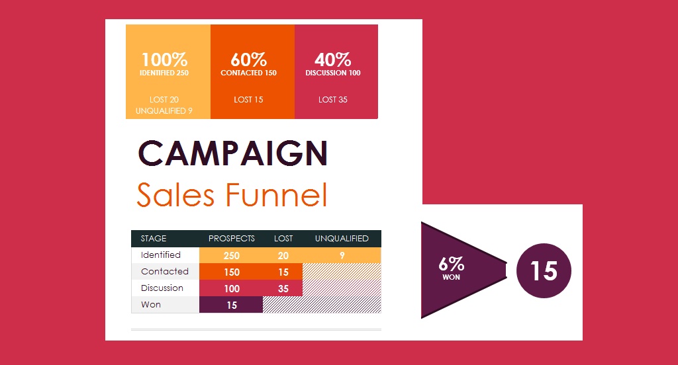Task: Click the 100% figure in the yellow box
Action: coord(164,60)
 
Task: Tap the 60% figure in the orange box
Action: coord(249,60)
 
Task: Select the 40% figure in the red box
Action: coord(333,60)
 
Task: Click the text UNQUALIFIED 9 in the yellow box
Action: coord(164,111)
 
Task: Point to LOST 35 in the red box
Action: coord(333,100)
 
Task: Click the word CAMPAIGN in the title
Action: coord(233,153)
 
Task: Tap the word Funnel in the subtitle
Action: coord(277,195)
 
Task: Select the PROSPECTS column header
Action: coord(231,239)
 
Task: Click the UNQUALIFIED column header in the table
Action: coord(342,239)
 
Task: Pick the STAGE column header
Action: coord(154,239)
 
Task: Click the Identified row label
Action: coord(160,255)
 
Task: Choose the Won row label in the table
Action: coord(151,305)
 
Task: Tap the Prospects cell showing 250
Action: coord(231,255)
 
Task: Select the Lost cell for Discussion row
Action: coord(283,288)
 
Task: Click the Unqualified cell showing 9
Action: coord(342,255)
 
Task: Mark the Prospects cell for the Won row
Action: coord(231,305)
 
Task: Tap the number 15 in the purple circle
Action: coord(544,271)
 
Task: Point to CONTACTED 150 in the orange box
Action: coord(249,73)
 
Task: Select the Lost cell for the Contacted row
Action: coord(283,272)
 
